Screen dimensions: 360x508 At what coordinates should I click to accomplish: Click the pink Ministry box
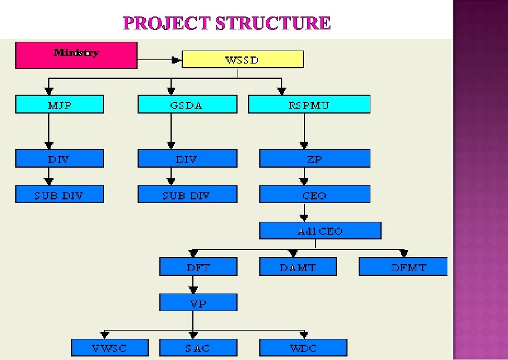click(x=76, y=55)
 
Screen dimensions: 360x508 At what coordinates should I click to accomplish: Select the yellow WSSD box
click(x=243, y=59)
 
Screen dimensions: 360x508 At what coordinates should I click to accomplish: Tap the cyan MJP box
click(x=59, y=105)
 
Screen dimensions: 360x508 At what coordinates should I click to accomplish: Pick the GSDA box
click(x=187, y=105)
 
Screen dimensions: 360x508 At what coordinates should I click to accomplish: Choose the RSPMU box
click(x=309, y=105)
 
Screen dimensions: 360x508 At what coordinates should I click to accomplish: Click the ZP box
click(x=315, y=158)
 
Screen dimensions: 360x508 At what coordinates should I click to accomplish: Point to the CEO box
click(x=315, y=195)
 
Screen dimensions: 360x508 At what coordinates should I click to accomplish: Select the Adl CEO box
click(x=320, y=231)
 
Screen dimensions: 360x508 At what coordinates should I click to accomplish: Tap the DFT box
click(x=198, y=267)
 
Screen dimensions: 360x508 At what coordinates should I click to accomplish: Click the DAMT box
click(x=298, y=267)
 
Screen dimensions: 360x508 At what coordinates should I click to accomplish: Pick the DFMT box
click(x=403, y=267)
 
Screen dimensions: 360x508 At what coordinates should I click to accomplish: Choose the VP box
click(x=198, y=303)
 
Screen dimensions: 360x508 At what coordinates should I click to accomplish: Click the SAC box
click(x=198, y=348)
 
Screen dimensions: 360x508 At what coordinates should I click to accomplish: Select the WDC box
click(x=303, y=348)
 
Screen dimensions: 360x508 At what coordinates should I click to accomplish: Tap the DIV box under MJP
click(x=59, y=158)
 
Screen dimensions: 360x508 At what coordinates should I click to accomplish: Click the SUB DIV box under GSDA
click(x=187, y=195)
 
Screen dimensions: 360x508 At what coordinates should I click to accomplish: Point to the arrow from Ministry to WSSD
click(x=159, y=59)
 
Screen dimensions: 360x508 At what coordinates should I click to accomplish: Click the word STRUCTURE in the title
click(x=273, y=24)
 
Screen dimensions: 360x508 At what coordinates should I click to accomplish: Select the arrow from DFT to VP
click(x=193, y=285)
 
